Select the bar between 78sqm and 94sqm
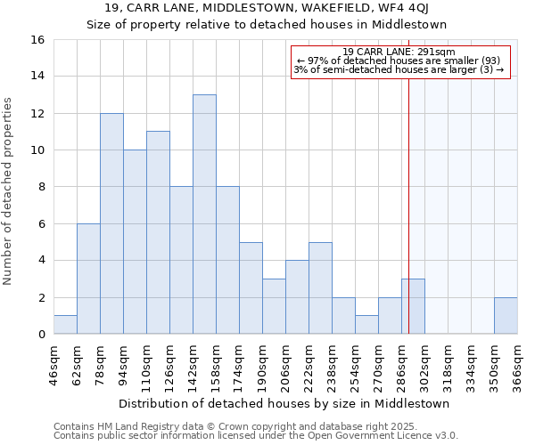(111, 223)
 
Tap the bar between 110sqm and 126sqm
(158, 233)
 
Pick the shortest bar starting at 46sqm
(65, 325)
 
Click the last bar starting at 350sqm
(506, 316)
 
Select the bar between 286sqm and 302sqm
(413, 307)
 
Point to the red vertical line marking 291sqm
(408, 205)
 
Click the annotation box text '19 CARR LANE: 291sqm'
(399, 52)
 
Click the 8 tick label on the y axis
(41, 188)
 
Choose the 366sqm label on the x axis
(518, 366)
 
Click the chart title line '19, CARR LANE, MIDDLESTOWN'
(267, 9)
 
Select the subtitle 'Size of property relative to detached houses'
(267, 24)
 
